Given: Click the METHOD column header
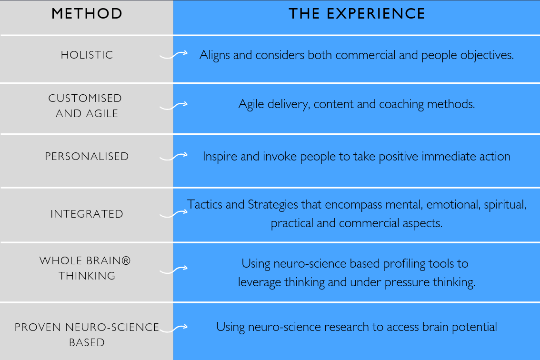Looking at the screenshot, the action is [x=87, y=14].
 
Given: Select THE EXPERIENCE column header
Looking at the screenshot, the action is [x=357, y=14].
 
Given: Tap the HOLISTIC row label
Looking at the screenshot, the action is [x=87, y=55].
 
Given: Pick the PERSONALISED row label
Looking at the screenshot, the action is [x=87, y=156].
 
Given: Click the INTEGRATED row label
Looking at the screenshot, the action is [x=87, y=214].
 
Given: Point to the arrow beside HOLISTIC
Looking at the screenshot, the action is [x=173, y=54].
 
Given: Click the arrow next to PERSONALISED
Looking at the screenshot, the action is [x=173, y=156].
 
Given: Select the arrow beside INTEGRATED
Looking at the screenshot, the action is [x=173, y=214].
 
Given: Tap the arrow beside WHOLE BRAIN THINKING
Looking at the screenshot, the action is [x=173, y=270].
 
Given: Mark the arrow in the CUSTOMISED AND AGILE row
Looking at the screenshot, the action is [x=173, y=105].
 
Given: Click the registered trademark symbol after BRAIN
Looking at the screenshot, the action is [x=126, y=260].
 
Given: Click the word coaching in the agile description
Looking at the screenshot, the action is [x=401, y=104].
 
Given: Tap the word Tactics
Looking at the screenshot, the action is [x=205, y=204].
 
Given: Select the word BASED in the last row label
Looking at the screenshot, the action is [x=87, y=342].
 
